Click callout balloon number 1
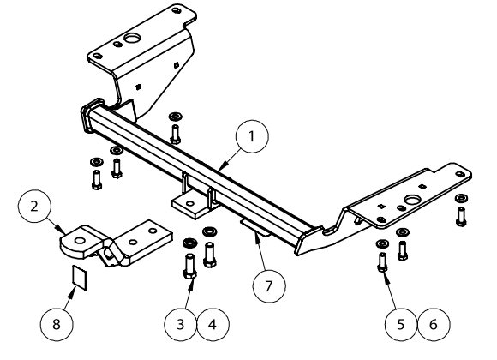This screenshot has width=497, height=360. [x=252, y=136]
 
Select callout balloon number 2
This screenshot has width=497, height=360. [x=34, y=207]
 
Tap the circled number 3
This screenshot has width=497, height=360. [x=180, y=325]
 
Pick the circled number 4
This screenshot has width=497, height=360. [x=213, y=325]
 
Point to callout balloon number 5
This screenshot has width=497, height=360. [x=401, y=325]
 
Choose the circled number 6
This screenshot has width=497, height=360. [x=434, y=325]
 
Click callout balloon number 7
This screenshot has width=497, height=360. [x=269, y=286]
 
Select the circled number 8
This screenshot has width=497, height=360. [x=57, y=325]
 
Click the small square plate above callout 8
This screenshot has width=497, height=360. [x=79, y=277]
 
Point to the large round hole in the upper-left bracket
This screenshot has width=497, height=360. [x=130, y=39]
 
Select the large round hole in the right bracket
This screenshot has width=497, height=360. [x=411, y=200]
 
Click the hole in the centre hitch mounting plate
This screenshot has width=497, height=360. [x=190, y=204]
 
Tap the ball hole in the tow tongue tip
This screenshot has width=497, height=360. [x=80, y=241]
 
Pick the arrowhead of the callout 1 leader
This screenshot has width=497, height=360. [x=221, y=167]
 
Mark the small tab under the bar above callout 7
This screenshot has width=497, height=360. [x=255, y=227]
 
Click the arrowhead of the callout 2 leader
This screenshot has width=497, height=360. [x=61, y=230]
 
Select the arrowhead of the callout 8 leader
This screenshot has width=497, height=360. [x=72, y=291]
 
